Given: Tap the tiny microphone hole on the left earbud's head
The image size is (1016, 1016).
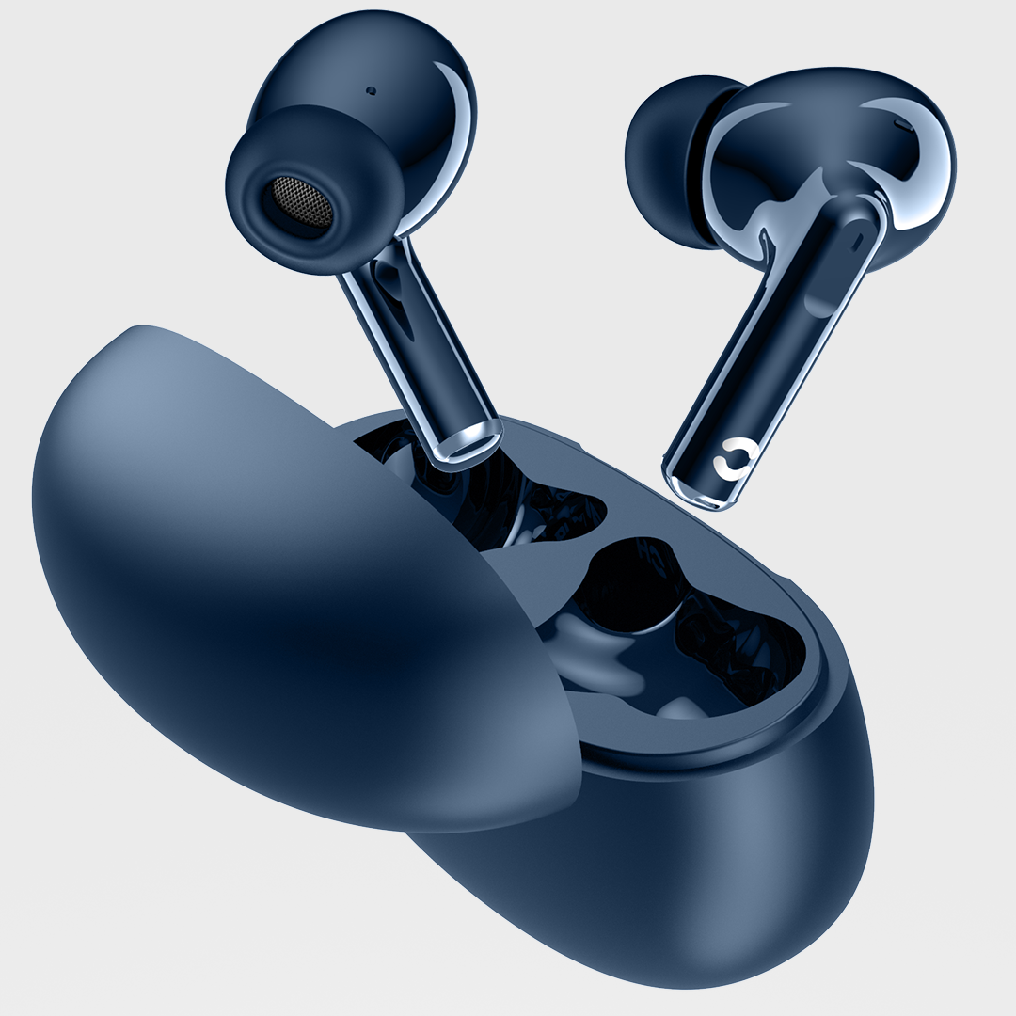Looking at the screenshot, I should coord(370,91).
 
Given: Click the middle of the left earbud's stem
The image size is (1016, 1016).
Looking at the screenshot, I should coord(414,348).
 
